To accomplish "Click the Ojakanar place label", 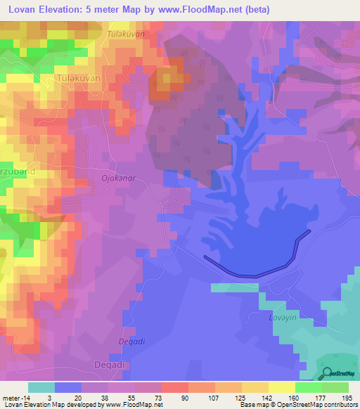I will click(x=118, y=178).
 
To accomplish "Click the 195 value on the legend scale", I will click(x=347, y=397).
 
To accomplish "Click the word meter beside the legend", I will click(x=13, y=397).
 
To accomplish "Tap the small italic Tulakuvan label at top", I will click(x=126, y=34).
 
